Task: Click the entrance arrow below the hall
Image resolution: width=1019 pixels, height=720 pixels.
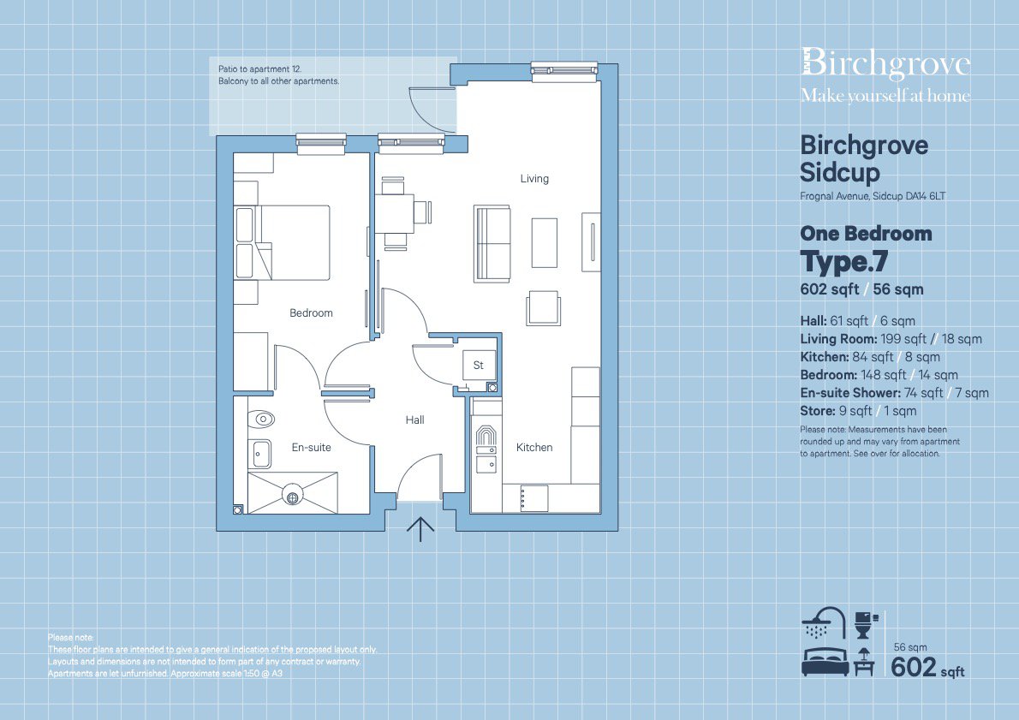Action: pos(420,530)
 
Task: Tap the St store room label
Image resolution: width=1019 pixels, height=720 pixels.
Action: pos(479,366)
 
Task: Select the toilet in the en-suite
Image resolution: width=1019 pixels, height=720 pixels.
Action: pos(264,420)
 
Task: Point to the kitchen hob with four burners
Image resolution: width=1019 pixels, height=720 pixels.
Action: pos(533,497)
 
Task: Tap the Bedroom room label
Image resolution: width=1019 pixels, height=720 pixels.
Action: pos(311,313)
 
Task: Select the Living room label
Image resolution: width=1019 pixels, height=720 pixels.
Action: pos(534,179)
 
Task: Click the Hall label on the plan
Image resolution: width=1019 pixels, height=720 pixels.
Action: pos(414,420)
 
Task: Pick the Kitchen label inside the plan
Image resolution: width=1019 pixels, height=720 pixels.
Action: pos(534,448)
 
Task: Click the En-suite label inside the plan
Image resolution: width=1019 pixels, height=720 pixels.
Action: pos(311,448)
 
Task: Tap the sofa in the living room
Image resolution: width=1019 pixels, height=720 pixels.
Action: pos(492,244)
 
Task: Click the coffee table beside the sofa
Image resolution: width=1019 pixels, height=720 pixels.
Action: pos(545,243)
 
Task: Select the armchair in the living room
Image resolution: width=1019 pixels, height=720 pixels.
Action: pos(544,307)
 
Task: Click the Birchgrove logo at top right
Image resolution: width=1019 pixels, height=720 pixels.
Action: pos(885,66)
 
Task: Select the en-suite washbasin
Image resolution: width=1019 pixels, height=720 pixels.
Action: pos(259,453)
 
